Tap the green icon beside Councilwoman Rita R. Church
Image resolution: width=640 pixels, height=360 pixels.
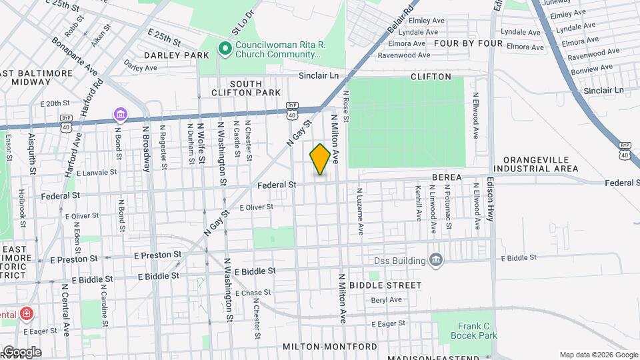coord(225,47)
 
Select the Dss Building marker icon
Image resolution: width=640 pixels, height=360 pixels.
coord(436,260)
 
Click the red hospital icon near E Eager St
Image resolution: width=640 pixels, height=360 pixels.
coord(26,313)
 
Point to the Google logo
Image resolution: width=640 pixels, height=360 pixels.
coord(21,352)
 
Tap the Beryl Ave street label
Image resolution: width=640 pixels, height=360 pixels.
coord(387,300)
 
